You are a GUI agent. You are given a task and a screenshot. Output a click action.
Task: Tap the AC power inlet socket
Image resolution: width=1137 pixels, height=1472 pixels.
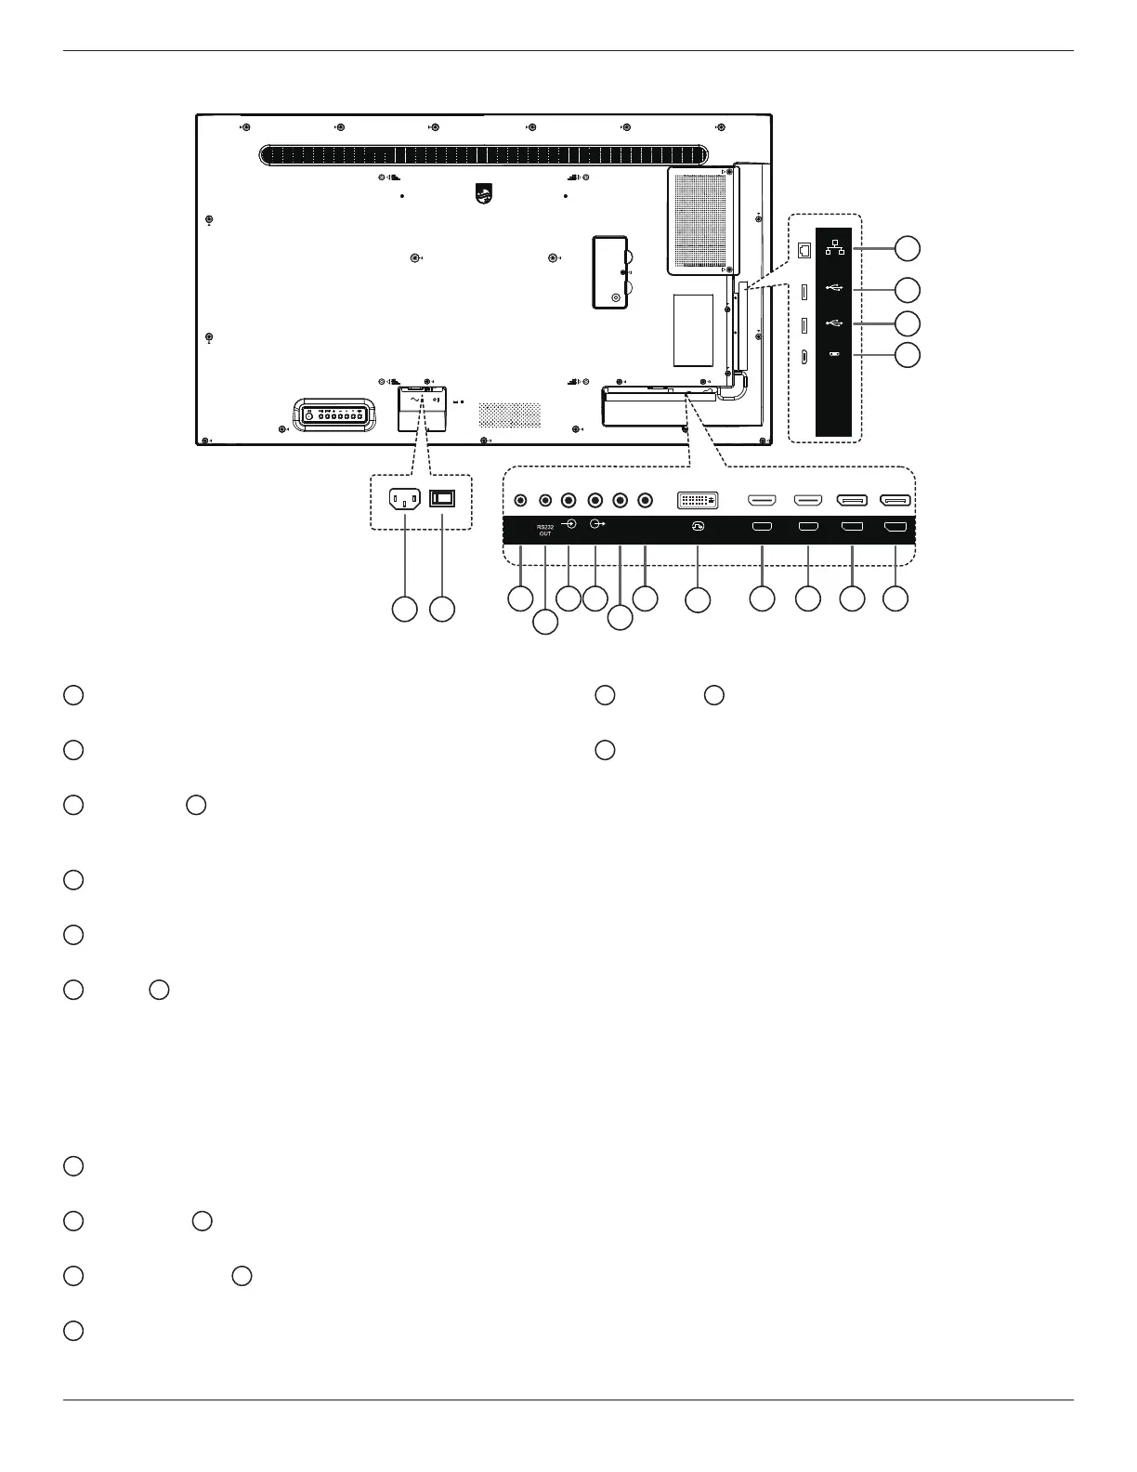404,499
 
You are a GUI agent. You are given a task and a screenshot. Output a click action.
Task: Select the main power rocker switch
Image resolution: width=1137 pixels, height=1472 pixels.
443,498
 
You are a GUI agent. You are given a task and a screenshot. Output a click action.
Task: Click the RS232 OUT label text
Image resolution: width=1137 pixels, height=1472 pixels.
545,530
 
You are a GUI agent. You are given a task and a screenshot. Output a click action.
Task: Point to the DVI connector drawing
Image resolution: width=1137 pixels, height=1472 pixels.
698,500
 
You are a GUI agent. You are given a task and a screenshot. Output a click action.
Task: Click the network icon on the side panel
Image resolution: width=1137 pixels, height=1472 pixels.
834,247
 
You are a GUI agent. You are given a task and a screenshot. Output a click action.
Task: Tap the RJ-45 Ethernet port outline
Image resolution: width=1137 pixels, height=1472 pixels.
804,249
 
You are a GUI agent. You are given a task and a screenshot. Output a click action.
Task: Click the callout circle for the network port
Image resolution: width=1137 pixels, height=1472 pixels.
908,247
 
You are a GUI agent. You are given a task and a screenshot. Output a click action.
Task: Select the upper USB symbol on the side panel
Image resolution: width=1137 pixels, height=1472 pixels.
834,290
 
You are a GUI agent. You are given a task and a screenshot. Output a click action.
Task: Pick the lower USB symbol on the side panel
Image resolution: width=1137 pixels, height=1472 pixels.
834,323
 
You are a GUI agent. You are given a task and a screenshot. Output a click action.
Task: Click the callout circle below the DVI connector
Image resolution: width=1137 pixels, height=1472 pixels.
698,600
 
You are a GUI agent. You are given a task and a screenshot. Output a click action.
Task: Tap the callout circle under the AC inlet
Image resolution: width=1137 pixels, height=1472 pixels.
404,609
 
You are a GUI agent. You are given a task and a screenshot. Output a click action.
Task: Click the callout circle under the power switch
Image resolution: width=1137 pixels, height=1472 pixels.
443,609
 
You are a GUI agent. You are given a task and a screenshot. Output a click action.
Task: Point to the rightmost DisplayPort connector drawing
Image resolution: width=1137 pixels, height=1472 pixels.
895,500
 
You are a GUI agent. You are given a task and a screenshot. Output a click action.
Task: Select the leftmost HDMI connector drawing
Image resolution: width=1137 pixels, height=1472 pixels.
762,500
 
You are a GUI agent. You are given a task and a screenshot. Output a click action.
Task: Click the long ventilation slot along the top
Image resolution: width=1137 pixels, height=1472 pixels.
483,155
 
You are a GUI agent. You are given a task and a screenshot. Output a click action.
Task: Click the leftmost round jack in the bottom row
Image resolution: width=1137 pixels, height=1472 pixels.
520,500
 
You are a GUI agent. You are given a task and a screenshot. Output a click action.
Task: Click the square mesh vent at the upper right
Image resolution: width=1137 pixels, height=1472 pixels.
701,222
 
